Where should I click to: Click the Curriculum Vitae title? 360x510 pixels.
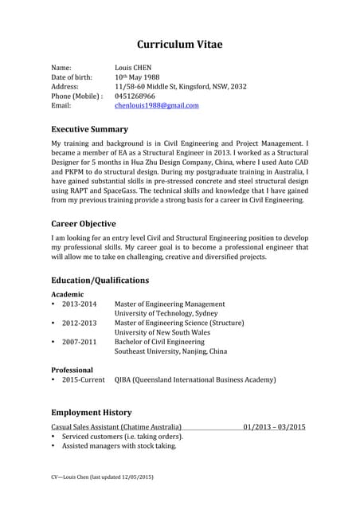pos(180,44)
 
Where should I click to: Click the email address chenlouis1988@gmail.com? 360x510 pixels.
pos(157,105)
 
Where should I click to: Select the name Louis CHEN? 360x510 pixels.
pos(133,68)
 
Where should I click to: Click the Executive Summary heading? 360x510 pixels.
pos(89,128)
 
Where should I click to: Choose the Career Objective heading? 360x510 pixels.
pos(84,223)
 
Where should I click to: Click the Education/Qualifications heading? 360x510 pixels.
pos(100,280)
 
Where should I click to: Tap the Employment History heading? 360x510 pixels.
pos(92,412)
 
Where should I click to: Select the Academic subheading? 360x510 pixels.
pos(68,295)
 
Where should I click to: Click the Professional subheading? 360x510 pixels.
pos(72,371)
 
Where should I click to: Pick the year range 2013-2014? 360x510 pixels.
pos(79,304)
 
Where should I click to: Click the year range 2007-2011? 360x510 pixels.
pos(79,342)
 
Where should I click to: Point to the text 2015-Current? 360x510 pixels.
pos(83,380)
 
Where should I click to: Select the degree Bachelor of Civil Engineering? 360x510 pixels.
pos(160,342)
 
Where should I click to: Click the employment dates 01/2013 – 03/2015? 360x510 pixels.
pos(275,427)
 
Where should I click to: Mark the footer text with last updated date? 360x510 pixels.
pos(102,477)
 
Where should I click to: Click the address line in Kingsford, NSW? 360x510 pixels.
pos(181,86)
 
